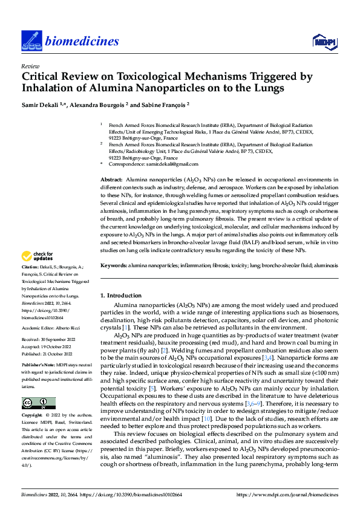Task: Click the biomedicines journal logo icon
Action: (x=30, y=40)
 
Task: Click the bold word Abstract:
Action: (x=112, y=180)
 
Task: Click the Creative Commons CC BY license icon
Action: (x=38, y=403)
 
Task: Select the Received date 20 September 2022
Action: (x=59, y=340)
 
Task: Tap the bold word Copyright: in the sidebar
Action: (x=33, y=416)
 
